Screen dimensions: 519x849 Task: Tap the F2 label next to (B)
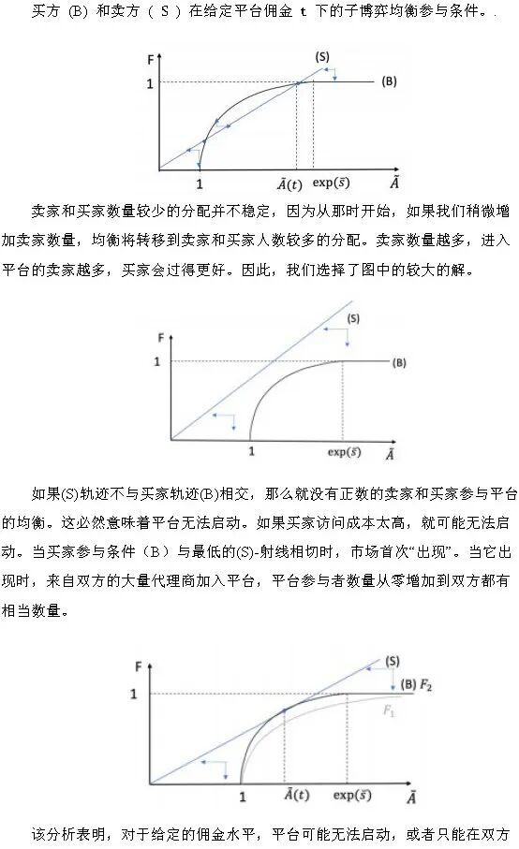(426, 685)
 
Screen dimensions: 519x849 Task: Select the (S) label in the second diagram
(353, 318)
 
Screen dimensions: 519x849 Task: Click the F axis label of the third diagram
(140, 666)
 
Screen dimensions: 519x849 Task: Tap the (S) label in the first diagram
(321, 57)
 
